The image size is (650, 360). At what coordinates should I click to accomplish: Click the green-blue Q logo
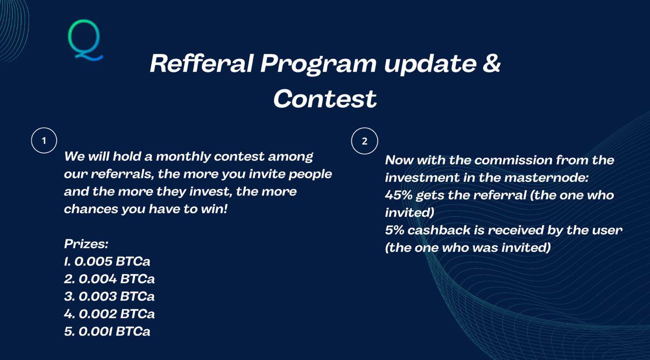pyautogui.click(x=85, y=40)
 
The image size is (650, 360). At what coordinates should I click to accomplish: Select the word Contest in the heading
pyautogui.click(x=325, y=99)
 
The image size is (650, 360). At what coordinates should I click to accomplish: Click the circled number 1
pyautogui.click(x=44, y=141)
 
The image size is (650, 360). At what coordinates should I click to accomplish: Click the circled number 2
pyautogui.click(x=365, y=141)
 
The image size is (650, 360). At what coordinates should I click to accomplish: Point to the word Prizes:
pyautogui.click(x=86, y=244)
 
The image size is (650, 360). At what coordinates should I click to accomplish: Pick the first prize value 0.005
pyautogui.click(x=93, y=261)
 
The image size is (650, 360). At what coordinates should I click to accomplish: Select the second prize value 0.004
pyautogui.click(x=98, y=279)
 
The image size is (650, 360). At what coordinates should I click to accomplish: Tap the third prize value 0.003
pyautogui.click(x=98, y=296)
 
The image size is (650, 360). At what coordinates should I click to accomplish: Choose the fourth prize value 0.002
pyautogui.click(x=98, y=314)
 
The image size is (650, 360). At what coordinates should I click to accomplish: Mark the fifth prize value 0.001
pyautogui.click(x=95, y=331)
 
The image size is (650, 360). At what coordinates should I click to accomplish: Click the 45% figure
pyautogui.click(x=399, y=195)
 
